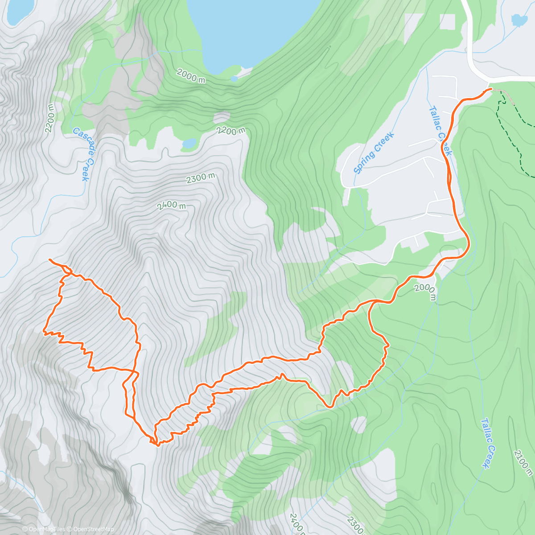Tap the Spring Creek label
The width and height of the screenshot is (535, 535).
374,152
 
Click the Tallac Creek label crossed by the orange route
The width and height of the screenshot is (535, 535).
440,130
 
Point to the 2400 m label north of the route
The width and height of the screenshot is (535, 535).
171,206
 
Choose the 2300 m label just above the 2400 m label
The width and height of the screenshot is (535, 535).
201,178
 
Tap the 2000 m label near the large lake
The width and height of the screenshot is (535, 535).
191,76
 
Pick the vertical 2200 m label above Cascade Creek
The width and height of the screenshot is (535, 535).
49,118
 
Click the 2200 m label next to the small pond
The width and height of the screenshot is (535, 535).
231,130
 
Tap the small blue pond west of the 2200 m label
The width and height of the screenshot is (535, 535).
189,143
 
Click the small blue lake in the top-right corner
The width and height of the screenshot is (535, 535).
519,20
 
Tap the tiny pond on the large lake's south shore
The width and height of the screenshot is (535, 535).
234,79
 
